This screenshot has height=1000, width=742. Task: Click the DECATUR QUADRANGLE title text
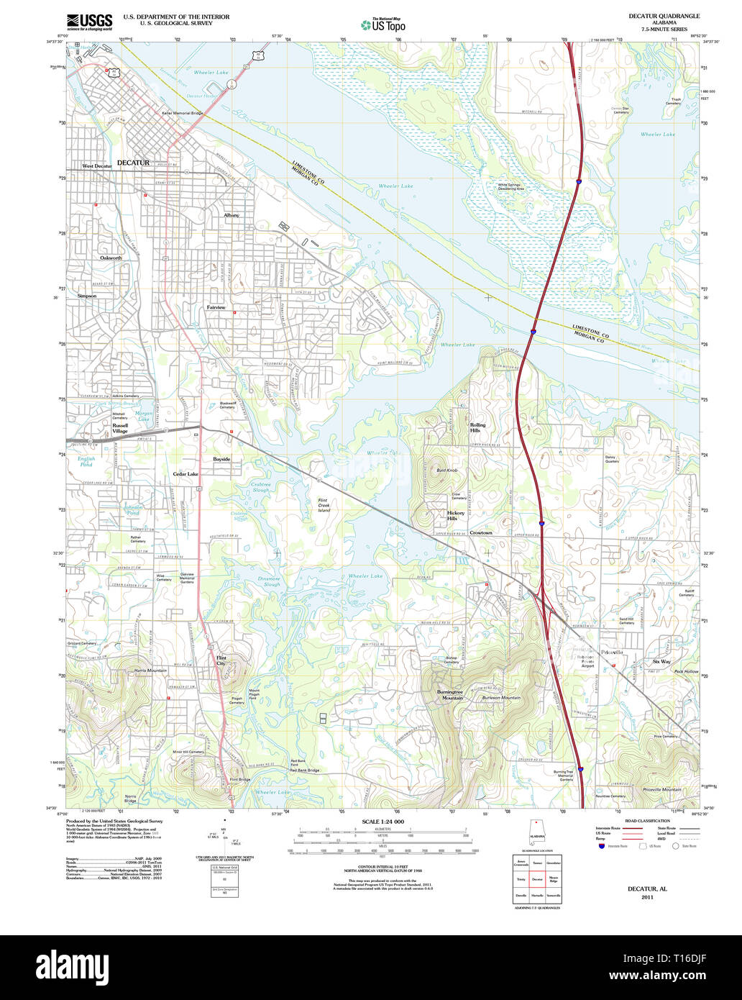(x=663, y=16)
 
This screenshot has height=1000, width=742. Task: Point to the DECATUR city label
(x=133, y=163)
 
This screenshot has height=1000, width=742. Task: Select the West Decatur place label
(x=97, y=166)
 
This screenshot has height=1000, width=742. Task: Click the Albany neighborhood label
(x=231, y=215)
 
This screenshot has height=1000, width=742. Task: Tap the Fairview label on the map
(x=216, y=307)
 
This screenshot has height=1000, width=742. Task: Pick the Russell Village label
(x=120, y=428)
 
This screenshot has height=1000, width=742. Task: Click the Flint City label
(x=221, y=660)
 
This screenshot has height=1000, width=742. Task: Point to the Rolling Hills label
(x=477, y=427)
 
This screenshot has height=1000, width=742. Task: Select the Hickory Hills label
(x=456, y=516)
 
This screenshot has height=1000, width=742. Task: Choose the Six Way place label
(x=661, y=661)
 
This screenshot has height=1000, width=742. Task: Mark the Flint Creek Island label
(x=327, y=506)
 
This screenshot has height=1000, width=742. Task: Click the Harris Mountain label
(x=150, y=671)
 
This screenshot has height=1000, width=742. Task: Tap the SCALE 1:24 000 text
(x=383, y=822)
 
